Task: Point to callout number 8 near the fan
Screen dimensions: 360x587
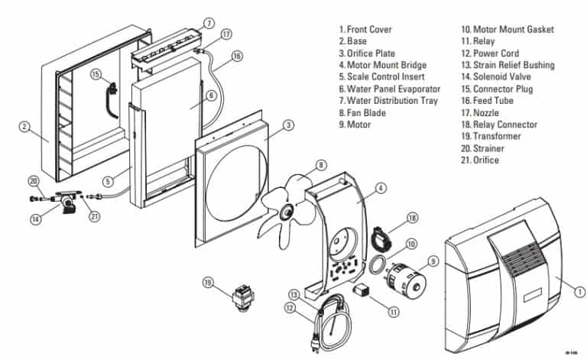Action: tap(321, 164)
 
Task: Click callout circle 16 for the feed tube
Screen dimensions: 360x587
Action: tap(237, 55)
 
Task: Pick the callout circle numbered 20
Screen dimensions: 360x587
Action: tap(33, 181)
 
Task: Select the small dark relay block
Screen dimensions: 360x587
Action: tap(361, 289)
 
